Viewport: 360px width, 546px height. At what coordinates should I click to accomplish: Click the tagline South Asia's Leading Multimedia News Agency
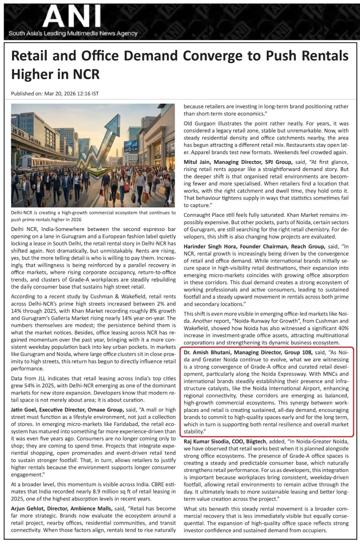(x=73, y=33)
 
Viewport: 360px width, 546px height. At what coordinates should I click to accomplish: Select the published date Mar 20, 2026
(x=61, y=94)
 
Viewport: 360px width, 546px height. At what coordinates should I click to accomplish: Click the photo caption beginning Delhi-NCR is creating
(x=93, y=216)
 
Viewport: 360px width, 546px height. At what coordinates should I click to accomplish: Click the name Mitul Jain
(x=198, y=162)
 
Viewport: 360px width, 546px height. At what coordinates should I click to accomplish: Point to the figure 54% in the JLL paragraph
(x=30, y=385)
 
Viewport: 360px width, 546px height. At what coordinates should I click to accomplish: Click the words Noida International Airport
(x=281, y=388)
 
